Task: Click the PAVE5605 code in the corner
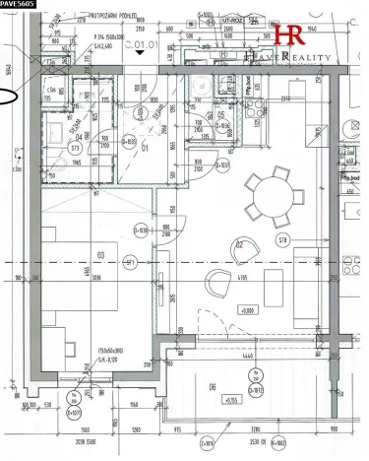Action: [x=18, y=5]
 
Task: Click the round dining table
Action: [x=268, y=188]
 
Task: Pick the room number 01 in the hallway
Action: [x=144, y=149]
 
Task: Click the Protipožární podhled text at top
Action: [x=113, y=17]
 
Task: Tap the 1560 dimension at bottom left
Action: [x=86, y=430]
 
